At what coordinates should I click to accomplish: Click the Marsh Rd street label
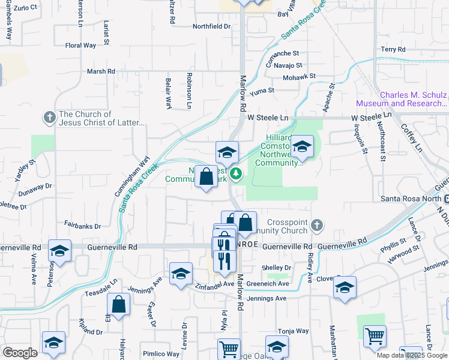[100, 71]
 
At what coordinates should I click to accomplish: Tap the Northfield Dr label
[211, 26]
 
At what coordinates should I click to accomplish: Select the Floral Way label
[80, 45]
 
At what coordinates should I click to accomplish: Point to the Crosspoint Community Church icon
[317, 226]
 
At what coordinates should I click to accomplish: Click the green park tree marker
[237, 174]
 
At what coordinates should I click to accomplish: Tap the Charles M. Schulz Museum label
[414, 99]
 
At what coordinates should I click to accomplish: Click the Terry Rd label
[393, 49]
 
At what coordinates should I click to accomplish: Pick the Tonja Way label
[294, 331]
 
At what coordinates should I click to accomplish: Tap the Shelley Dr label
[276, 268]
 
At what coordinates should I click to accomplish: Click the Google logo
[19, 353]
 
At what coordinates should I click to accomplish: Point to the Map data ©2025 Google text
[412, 355]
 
